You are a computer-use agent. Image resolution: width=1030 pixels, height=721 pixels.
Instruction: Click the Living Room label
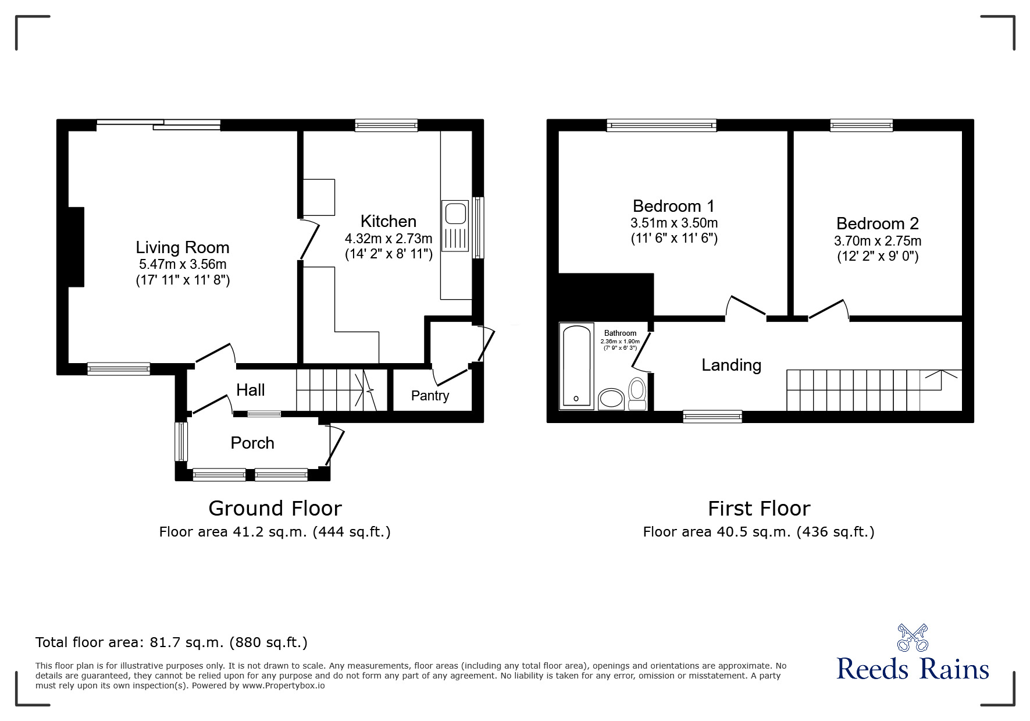pos(183,248)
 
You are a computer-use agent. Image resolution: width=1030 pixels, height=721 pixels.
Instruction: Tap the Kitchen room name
pos(389,221)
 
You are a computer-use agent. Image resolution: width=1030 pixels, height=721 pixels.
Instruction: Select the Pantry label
pos(430,396)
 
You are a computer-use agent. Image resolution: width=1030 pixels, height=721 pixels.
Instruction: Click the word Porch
pos(252,443)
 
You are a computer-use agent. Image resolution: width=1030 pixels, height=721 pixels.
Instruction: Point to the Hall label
pos(251,390)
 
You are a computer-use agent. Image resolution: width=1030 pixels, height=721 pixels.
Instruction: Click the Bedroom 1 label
pos(673,206)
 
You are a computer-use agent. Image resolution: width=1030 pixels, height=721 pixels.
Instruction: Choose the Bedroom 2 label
pos(878,223)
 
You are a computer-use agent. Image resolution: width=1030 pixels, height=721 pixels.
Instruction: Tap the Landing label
pos(731,365)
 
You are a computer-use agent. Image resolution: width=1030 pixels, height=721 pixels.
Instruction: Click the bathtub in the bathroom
pos(576,366)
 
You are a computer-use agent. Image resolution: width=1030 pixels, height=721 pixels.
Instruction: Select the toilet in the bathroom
pos(637,395)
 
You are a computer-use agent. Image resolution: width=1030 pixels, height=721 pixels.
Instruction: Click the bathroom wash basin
pos(611,399)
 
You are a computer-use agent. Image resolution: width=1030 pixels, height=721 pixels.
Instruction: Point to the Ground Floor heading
pos(275,509)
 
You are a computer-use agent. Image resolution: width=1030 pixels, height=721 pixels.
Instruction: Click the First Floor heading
pos(759,509)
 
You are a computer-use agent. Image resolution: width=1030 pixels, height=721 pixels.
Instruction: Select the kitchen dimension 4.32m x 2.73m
pos(389,239)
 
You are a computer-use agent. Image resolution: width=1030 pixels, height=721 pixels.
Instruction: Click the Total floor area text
pos(172,642)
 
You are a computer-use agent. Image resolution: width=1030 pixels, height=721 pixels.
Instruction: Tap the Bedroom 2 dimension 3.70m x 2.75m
pos(878,241)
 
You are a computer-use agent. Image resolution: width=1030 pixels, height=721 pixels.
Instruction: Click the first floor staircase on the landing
pos(874,390)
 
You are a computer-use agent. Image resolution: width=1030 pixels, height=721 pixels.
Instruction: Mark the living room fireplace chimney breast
pos(77,247)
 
